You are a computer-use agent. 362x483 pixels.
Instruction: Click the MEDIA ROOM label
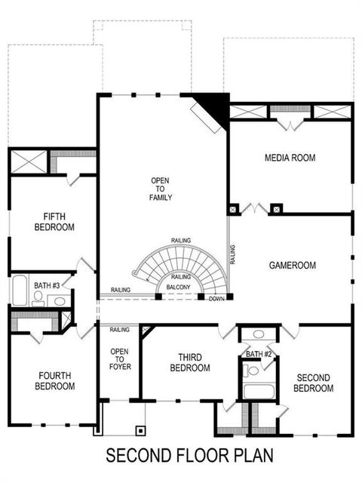tap(290, 158)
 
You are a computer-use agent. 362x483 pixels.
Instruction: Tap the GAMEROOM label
tap(292, 266)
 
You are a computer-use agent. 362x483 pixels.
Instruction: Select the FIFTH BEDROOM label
tap(54, 220)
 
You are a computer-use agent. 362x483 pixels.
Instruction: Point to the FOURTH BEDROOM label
tap(55, 380)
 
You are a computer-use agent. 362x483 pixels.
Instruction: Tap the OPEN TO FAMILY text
tap(161, 189)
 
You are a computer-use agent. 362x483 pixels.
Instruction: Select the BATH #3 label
tap(46, 285)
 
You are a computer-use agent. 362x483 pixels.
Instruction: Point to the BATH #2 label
tap(258, 354)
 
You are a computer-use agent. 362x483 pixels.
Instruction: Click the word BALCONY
tap(178, 287)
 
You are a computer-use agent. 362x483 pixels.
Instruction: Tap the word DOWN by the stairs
tap(216, 298)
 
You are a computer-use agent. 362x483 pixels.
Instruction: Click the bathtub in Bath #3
tap(19, 291)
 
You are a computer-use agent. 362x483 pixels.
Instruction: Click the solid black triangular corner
tap(216, 106)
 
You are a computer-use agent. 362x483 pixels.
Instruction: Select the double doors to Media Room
tap(255, 208)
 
